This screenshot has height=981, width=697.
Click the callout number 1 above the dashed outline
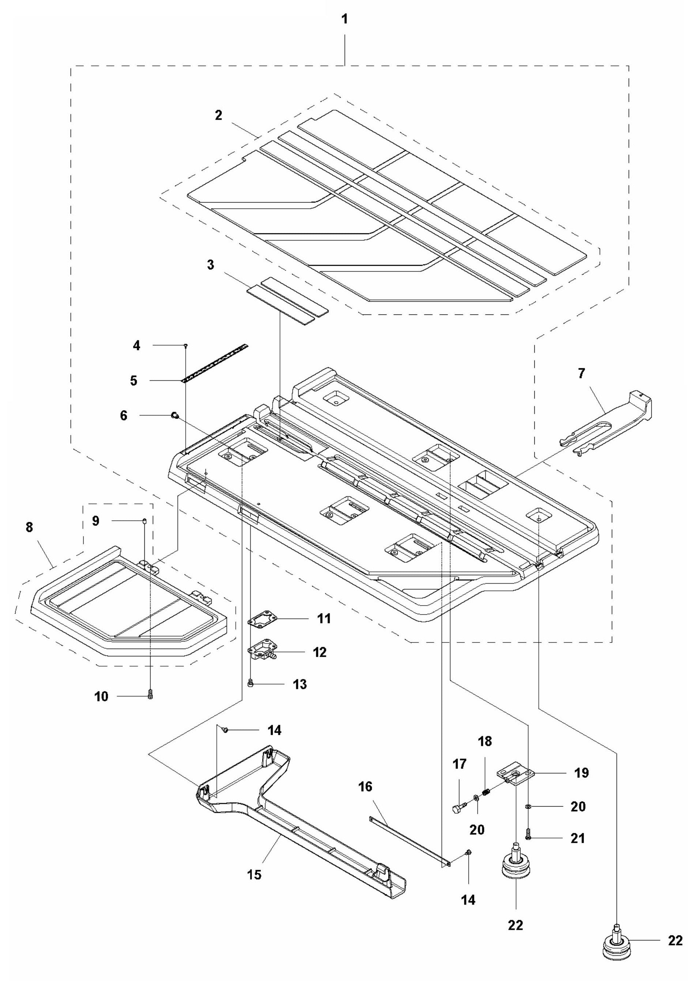pyautogui.click(x=344, y=20)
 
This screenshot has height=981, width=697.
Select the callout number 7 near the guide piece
pyautogui.click(x=581, y=374)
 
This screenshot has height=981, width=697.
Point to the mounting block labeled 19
pyautogui.click(x=515, y=776)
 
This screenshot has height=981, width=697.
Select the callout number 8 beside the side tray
pyautogui.click(x=29, y=527)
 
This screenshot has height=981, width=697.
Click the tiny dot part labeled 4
pyautogui.click(x=185, y=345)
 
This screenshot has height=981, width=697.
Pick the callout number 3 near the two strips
pyautogui.click(x=210, y=265)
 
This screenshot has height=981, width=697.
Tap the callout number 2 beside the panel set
pyautogui.click(x=219, y=115)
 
